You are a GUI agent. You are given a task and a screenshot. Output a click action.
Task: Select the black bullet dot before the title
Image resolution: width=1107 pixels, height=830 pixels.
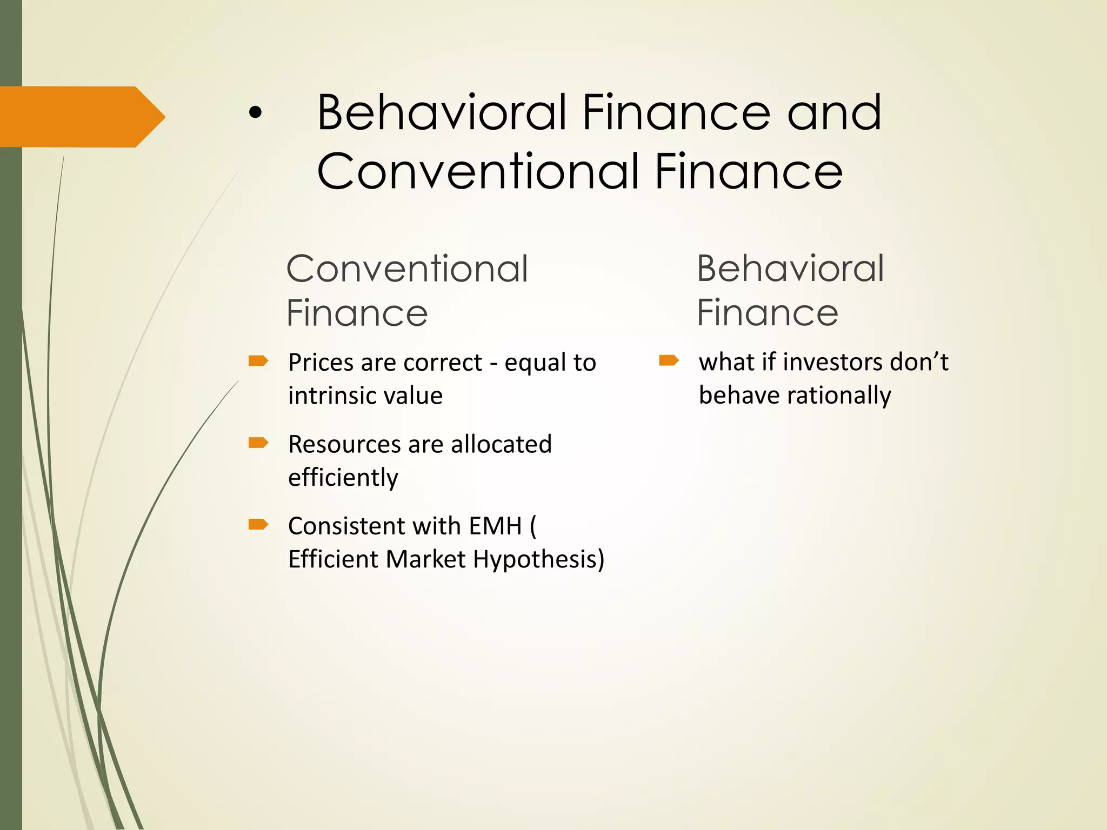click(255, 113)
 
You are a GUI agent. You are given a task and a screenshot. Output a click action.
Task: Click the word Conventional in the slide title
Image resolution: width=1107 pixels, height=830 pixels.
click(478, 171)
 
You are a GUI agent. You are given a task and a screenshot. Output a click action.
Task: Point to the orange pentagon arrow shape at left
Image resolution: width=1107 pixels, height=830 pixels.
click(81, 117)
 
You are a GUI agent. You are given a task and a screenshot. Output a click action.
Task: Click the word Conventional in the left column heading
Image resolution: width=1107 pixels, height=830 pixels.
click(406, 269)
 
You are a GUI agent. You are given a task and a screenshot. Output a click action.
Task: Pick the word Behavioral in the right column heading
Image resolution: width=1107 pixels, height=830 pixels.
click(790, 269)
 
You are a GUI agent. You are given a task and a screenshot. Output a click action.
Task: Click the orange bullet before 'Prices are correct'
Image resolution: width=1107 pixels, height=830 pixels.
click(258, 360)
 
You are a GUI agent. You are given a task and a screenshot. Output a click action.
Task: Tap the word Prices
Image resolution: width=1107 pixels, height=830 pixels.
click(321, 363)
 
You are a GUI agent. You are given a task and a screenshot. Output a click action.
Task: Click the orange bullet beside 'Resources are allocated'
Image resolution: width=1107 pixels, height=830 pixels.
click(258, 443)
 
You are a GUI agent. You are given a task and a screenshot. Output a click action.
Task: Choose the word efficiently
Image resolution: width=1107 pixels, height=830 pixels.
click(343, 478)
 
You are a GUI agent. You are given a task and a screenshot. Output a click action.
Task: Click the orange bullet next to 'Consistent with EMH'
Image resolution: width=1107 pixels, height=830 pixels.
click(258, 524)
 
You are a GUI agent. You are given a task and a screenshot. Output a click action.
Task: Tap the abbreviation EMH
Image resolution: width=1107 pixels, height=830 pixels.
click(495, 526)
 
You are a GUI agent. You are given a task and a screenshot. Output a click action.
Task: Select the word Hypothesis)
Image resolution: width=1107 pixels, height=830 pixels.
click(538, 560)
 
